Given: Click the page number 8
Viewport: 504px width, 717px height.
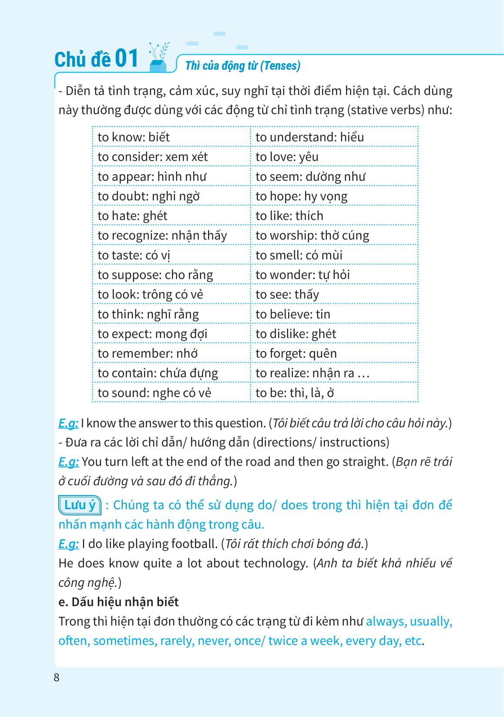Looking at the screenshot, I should (x=57, y=678).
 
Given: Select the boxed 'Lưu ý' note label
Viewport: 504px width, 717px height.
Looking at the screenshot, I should (x=80, y=505).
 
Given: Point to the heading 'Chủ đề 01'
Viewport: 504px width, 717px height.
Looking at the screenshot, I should (x=96, y=59).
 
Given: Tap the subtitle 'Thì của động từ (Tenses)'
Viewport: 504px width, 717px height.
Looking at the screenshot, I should (x=243, y=66).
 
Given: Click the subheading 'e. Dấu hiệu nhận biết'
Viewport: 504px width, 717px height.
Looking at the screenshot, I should (x=118, y=602).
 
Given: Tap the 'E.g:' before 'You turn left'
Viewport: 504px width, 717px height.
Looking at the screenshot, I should (x=69, y=462).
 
